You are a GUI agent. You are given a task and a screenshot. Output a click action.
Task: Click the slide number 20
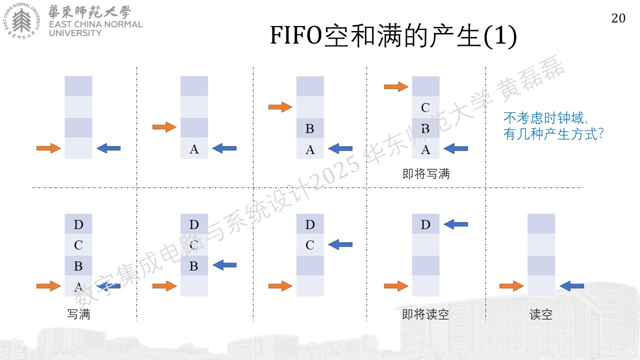pyautogui.click(x=618, y=18)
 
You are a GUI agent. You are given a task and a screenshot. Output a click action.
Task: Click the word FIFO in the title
pyautogui.click(x=296, y=35)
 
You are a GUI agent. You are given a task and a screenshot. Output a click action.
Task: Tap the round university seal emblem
pyautogui.click(x=21, y=21)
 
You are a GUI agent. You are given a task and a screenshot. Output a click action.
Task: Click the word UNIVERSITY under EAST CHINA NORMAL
pyautogui.click(x=75, y=33)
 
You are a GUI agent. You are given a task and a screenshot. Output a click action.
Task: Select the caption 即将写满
pyautogui.click(x=425, y=173)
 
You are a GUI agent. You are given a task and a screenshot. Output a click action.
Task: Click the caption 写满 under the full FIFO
pyautogui.click(x=78, y=314)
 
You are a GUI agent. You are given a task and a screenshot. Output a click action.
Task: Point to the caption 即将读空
pyautogui.click(x=425, y=314)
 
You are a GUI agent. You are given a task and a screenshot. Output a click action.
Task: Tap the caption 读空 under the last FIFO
pyautogui.click(x=541, y=314)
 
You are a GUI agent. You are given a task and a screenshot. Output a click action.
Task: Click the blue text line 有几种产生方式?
pyautogui.click(x=553, y=134)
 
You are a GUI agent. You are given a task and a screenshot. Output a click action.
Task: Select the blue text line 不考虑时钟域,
pyautogui.click(x=545, y=118)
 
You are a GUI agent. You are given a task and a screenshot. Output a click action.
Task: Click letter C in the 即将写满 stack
pyautogui.click(x=425, y=107)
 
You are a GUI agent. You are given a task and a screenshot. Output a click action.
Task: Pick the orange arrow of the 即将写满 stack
pyautogui.click(x=396, y=86)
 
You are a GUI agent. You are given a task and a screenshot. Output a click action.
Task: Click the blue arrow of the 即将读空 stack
pyautogui.click(x=455, y=224)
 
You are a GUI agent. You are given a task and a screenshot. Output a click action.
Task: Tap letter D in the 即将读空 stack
pyautogui.click(x=425, y=225)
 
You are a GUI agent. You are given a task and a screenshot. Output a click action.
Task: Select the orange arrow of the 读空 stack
pyautogui.click(x=511, y=286)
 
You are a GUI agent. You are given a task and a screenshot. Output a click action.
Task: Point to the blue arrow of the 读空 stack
pyautogui.click(x=571, y=286)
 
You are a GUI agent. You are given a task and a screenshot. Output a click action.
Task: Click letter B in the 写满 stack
pyautogui.click(x=78, y=266)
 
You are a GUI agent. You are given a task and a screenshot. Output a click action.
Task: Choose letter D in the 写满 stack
pyautogui.click(x=78, y=225)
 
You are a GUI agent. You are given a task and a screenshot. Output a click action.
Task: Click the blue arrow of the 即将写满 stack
pyautogui.click(x=455, y=148)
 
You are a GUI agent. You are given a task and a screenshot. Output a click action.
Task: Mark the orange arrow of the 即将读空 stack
pyautogui.click(x=396, y=286)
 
